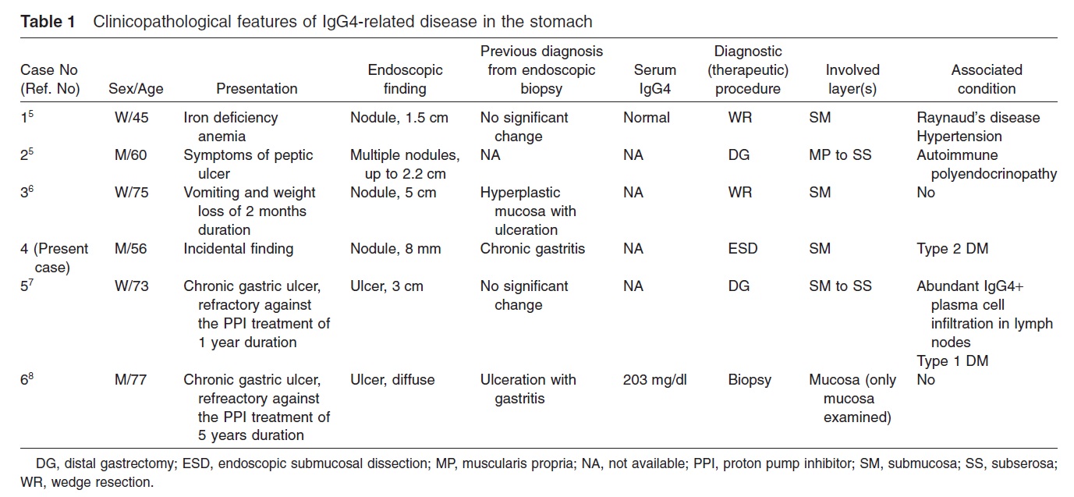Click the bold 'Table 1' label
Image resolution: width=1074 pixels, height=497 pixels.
tap(48, 22)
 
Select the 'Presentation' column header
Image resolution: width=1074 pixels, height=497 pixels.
tap(257, 89)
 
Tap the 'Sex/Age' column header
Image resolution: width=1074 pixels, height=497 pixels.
tap(136, 89)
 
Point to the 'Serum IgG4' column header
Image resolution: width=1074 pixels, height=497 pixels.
tap(655, 79)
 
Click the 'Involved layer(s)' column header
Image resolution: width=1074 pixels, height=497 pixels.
tap(852, 79)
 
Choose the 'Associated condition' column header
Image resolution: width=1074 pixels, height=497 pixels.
tap(987, 79)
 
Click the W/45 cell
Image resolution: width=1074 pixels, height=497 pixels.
tap(131, 118)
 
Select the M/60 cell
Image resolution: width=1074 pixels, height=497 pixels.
tap(130, 155)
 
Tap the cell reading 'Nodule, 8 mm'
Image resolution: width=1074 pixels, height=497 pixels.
tap(395, 248)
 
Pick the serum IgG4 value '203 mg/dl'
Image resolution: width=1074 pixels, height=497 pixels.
tap(655, 380)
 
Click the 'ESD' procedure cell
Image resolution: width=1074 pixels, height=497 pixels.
tap(743, 248)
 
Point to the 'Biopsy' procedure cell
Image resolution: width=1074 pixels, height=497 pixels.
tap(750, 380)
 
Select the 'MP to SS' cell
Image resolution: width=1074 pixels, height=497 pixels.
tap(840, 155)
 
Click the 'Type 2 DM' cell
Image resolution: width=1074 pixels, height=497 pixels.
tap(952, 248)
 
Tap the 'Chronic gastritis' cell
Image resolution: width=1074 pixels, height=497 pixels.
tap(533, 248)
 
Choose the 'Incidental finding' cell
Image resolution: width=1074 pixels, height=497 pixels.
tap(239, 248)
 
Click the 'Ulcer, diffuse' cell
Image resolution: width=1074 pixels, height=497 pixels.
tap(392, 380)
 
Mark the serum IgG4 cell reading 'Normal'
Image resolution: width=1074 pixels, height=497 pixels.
tap(647, 118)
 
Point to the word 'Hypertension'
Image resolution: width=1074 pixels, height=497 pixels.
tap(959, 137)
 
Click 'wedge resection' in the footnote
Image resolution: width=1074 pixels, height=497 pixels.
tap(103, 482)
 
